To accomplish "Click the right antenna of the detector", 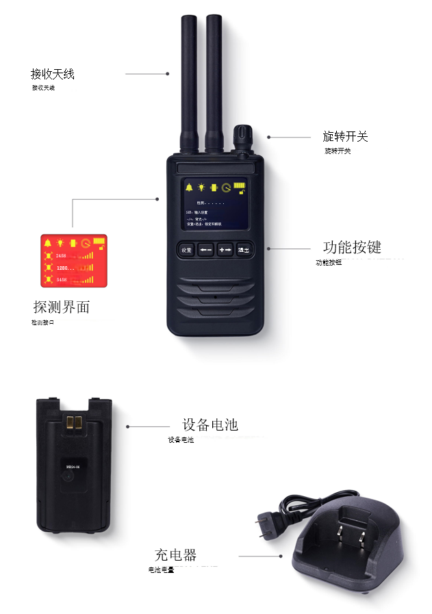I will click(214, 82).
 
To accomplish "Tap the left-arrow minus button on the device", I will click(206, 251).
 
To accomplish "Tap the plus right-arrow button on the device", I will click(225, 251).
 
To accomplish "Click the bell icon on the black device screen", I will click(189, 187).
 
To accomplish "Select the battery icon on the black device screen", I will click(239, 186).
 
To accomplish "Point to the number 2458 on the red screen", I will click(61, 255).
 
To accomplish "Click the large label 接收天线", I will click(52, 74).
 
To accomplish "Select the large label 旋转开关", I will click(345, 136).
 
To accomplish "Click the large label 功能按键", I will click(352, 247).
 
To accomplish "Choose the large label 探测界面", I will click(62, 307).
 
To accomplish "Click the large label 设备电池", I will click(209, 424).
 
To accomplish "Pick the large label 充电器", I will click(175, 554).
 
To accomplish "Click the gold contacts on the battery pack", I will click(76, 424).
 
